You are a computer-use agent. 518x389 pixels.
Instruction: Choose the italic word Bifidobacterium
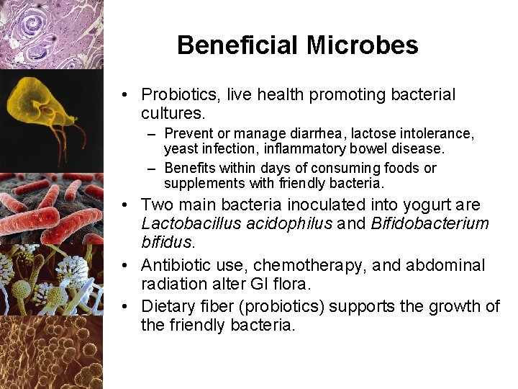click(430, 224)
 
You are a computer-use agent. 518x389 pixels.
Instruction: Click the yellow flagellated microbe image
click(43, 115)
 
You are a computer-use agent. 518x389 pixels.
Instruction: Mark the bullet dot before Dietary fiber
click(127, 306)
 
